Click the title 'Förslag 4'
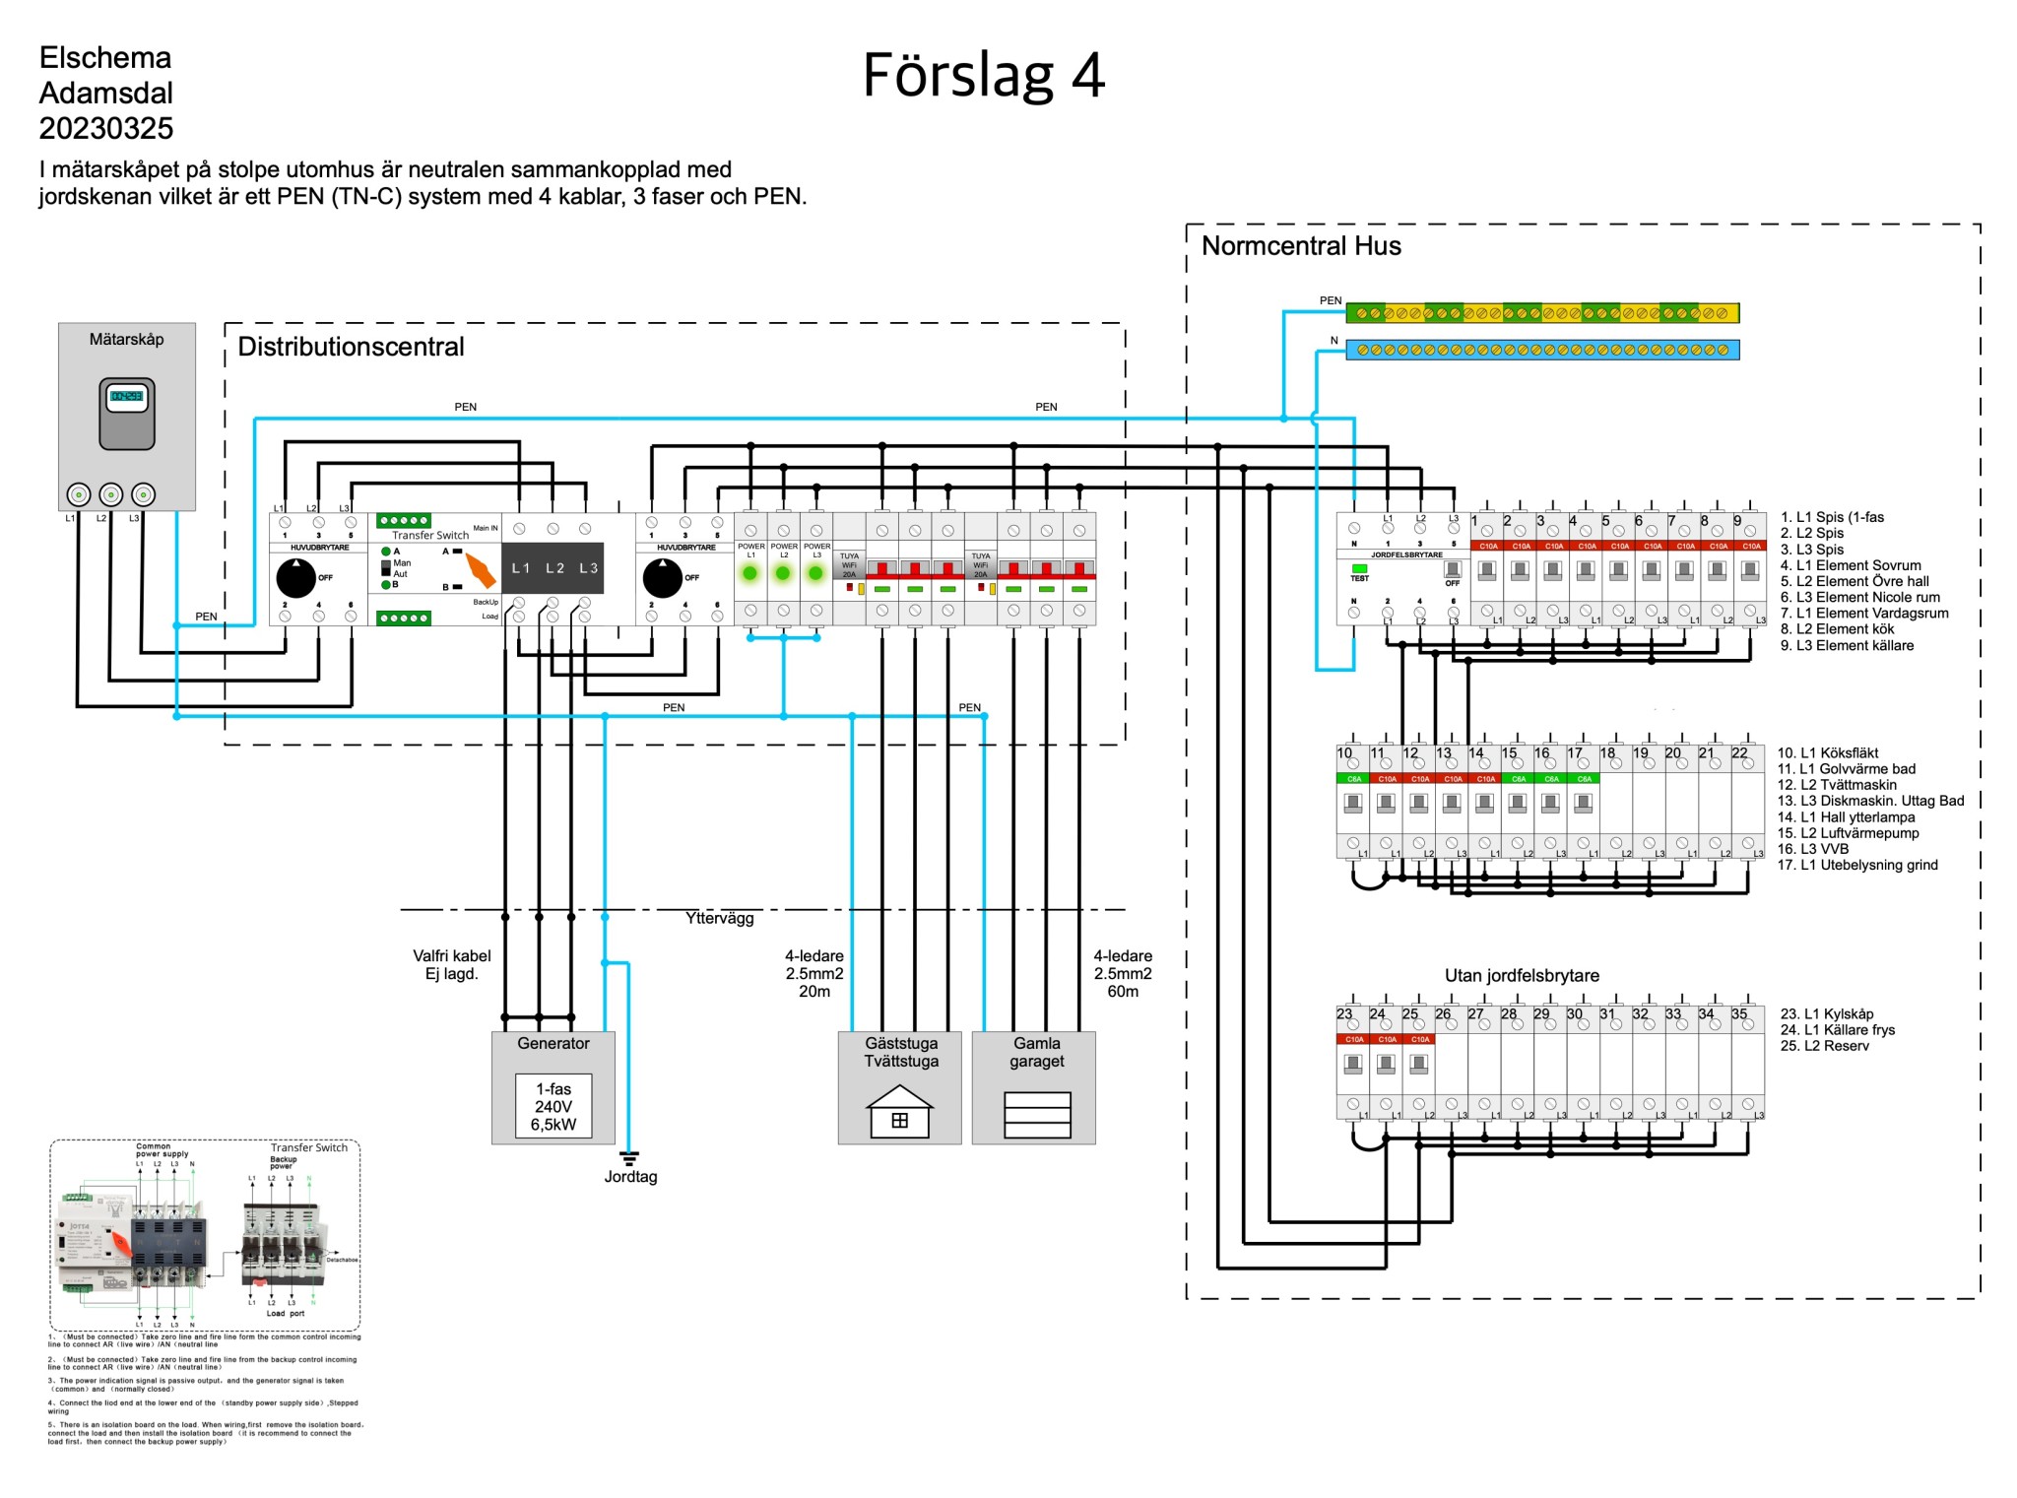[x=983, y=76]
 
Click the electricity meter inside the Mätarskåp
[x=127, y=413]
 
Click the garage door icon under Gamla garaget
[x=1036, y=1115]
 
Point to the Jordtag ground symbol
[x=629, y=1158]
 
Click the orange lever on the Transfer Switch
[x=480, y=570]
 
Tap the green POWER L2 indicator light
[x=783, y=573]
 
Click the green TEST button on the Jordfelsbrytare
[x=1359, y=568]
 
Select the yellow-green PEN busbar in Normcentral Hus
[x=1541, y=313]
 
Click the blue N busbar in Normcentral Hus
[x=1541, y=350]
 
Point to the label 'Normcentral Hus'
[x=1300, y=246]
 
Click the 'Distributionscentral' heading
[x=351, y=347]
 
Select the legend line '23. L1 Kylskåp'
[x=1826, y=1013]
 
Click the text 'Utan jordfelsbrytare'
[x=1521, y=975]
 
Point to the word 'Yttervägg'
[x=719, y=918]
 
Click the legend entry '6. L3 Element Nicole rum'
[x=1859, y=597]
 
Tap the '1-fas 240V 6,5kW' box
[x=553, y=1107]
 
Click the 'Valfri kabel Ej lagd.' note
[x=451, y=964]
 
